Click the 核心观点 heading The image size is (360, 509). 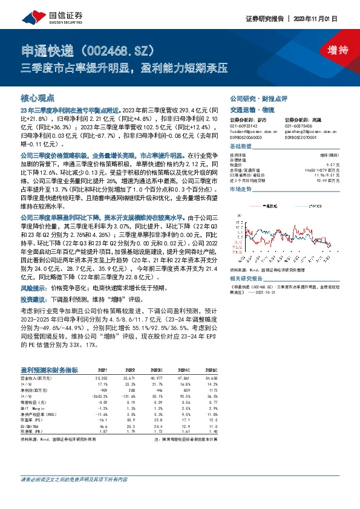click(38, 97)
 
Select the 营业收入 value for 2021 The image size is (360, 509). click(100, 377)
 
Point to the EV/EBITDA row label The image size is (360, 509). click(30, 424)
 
